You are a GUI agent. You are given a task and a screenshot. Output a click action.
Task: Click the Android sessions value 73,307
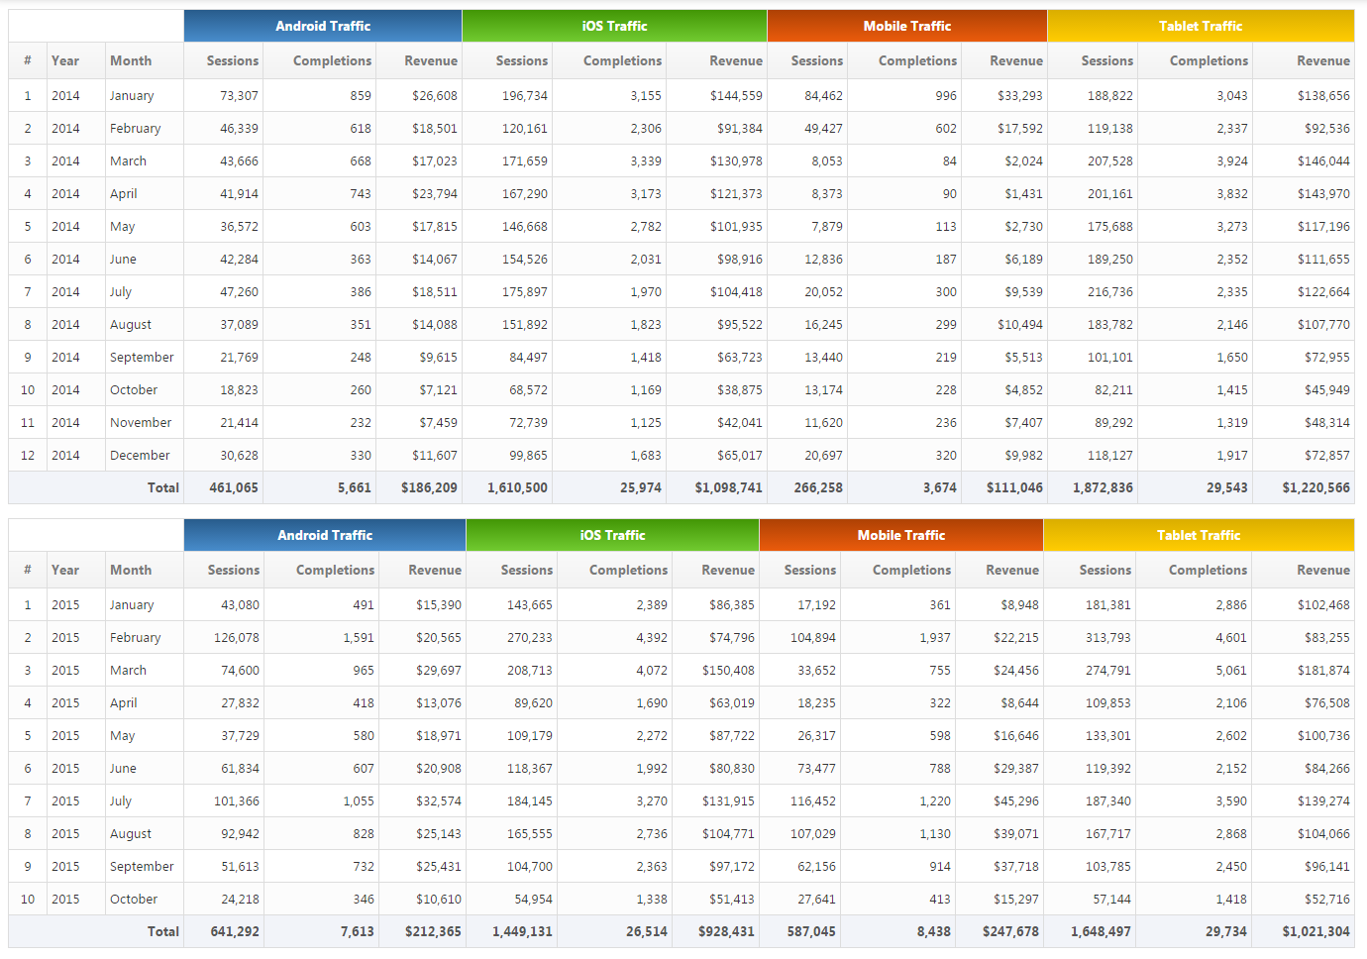[x=239, y=96]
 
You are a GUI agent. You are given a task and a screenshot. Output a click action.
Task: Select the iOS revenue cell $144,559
[x=736, y=96]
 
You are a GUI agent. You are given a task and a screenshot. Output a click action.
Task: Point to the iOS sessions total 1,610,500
[x=517, y=488]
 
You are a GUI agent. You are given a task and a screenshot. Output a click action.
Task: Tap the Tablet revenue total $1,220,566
[x=1315, y=488]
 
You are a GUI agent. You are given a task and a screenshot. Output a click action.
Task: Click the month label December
[x=140, y=456]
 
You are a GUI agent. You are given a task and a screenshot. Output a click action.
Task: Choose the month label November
[x=141, y=423]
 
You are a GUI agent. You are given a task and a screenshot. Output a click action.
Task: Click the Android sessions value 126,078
[x=237, y=638]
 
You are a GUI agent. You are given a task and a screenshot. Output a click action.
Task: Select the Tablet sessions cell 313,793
[x=1108, y=638]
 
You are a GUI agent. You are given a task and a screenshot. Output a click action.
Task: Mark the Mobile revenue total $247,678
[x=1010, y=932]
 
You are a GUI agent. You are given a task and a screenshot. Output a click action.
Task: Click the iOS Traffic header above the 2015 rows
[x=612, y=535]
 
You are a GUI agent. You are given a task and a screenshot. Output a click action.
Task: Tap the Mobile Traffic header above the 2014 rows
[x=906, y=26]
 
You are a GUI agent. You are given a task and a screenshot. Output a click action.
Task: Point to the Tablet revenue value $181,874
[x=1323, y=671]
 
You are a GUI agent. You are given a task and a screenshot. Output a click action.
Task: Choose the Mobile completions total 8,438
[x=933, y=932]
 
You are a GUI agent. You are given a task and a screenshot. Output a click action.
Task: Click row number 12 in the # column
[x=28, y=456]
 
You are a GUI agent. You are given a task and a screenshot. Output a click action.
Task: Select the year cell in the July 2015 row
[x=65, y=801]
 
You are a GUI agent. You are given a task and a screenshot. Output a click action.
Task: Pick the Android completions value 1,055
[x=359, y=801]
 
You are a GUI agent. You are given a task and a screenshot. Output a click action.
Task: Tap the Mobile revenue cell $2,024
[x=1023, y=161]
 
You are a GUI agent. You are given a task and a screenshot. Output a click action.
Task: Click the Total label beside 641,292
[x=162, y=932]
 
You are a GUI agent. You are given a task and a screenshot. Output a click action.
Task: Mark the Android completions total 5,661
[x=354, y=488]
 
